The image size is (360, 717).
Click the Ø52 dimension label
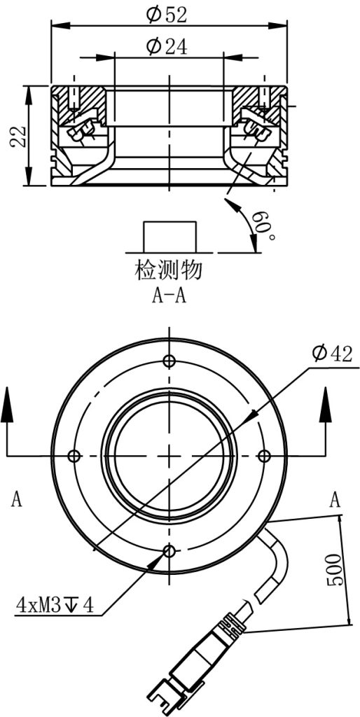(x=167, y=15)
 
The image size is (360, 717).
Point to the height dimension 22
(x=18, y=136)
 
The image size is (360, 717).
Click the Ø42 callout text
(x=332, y=354)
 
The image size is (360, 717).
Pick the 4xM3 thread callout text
(x=55, y=606)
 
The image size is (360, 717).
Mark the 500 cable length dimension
(x=334, y=570)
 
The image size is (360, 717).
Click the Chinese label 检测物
(x=168, y=270)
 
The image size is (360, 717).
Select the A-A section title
(x=168, y=296)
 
